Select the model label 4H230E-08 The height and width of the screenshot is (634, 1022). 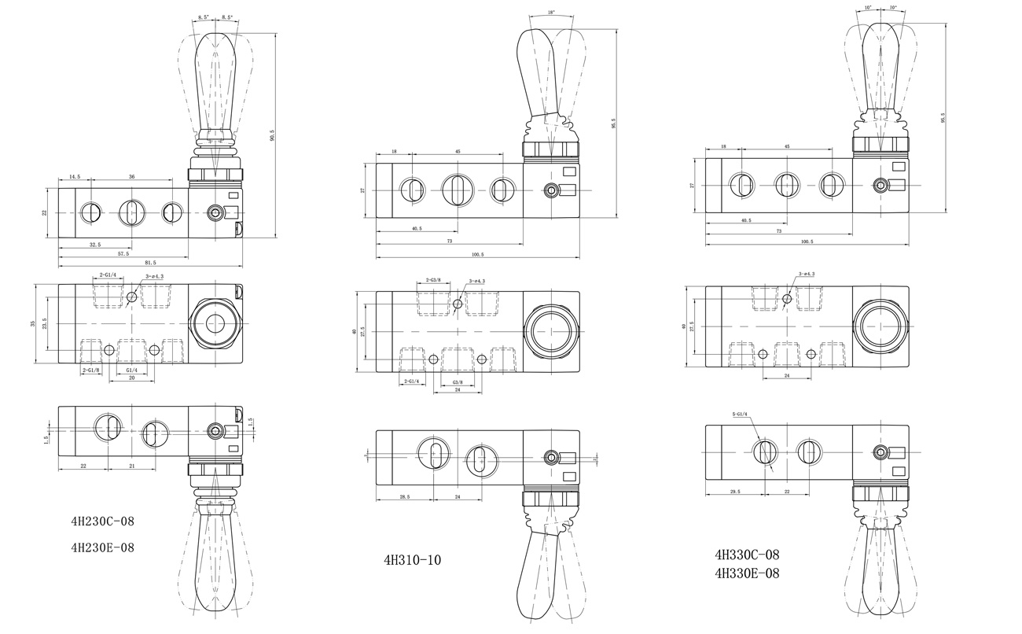point(102,547)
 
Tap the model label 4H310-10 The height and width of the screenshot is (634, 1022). point(412,561)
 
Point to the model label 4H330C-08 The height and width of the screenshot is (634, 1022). point(747,554)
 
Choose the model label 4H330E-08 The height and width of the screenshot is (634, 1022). point(747,573)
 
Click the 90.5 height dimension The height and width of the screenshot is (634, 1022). point(272,135)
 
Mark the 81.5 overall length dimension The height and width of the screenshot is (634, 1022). point(150,262)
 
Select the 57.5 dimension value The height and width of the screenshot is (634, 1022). point(123,253)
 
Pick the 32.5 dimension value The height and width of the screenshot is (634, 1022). point(96,245)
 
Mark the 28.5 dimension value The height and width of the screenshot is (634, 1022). point(404,497)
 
